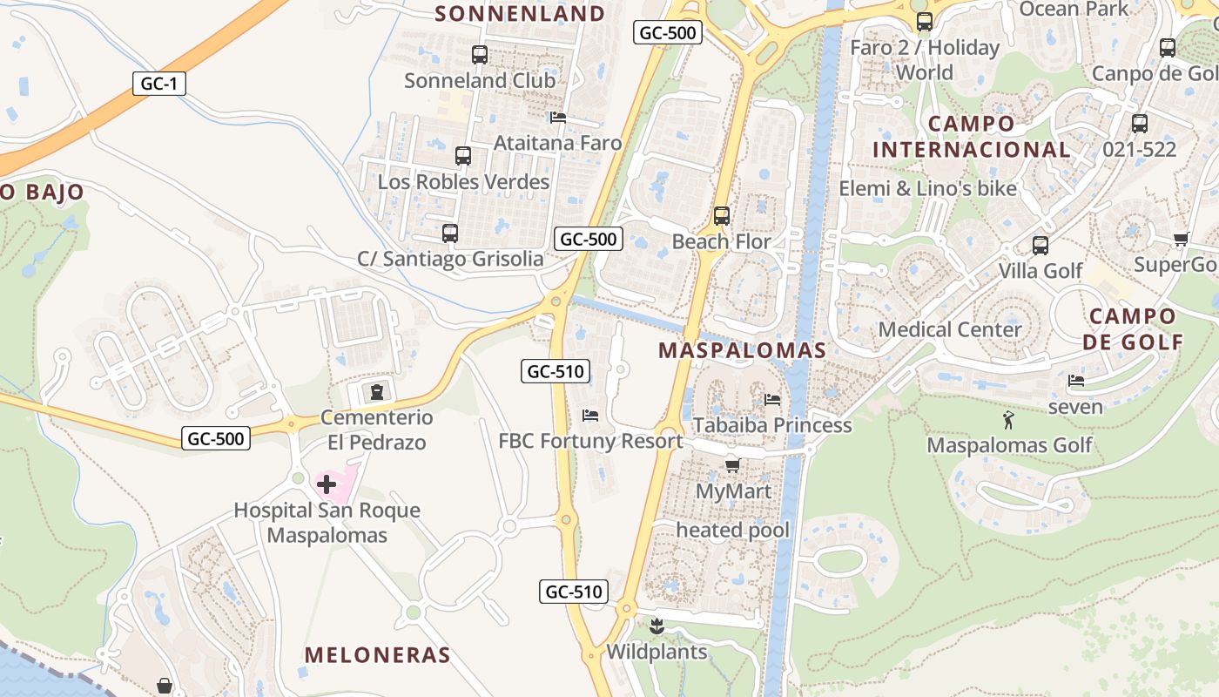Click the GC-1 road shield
point(159,84)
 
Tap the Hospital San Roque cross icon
point(327,484)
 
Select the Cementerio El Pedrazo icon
point(376,392)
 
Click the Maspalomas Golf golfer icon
point(1008,420)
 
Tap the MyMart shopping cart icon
point(732,466)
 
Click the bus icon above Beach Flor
point(721,215)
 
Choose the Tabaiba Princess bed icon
point(771,400)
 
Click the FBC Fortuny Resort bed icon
point(590,416)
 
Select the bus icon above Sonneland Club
point(479,55)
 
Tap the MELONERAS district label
point(377,655)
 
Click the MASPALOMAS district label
point(742,350)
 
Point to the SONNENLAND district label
point(519,13)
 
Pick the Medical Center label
point(950,329)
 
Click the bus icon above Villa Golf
point(1040,245)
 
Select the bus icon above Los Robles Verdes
point(463,156)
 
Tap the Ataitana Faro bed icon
point(558,118)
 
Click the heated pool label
point(733,530)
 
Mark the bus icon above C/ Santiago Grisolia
point(449,233)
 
